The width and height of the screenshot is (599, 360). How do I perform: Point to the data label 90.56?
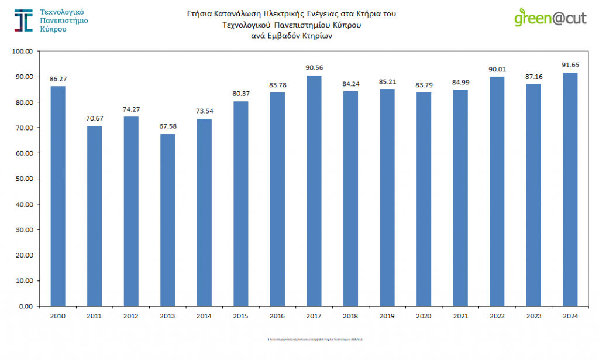point(314,67)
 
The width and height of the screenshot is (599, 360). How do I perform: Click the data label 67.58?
point(167,126)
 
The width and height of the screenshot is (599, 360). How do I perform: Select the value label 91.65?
point(570,64)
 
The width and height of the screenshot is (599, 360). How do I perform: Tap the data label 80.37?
point(240,93)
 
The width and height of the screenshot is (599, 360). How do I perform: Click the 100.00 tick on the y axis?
point(23,51)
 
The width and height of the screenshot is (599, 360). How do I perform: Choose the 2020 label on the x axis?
point(424,316)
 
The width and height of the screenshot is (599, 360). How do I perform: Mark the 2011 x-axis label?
point(94,316)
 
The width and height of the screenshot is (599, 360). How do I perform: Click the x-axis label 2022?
point(497,316)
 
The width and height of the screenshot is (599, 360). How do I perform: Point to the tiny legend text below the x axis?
point(315,339)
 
